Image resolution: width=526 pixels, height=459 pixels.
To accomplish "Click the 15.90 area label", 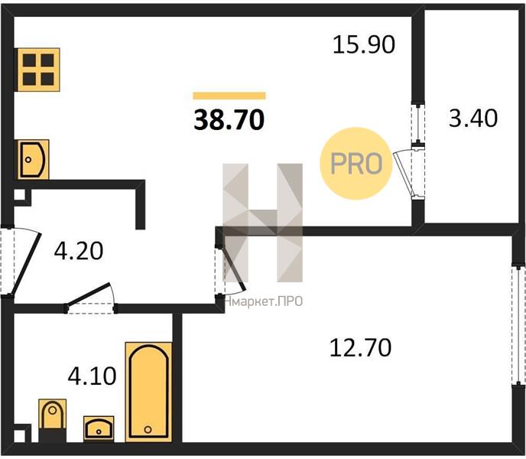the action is (x=364, y=45).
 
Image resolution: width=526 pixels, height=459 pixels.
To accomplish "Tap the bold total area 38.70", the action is (x=229, y=120).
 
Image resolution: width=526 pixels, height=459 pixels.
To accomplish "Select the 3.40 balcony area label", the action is (x=473, y=118).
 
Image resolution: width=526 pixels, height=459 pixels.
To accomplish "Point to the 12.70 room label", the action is (x=360, y=347).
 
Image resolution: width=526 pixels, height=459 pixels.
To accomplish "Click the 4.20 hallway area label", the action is (x=79, y=251).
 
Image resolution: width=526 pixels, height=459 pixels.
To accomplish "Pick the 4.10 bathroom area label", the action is (x=92, y=376).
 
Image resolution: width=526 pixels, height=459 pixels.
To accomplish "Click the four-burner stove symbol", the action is (x=38, y=70).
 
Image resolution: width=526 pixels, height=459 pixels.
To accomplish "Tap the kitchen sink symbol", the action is (x=33, y=159).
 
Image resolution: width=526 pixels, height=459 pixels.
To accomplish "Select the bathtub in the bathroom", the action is (x=148, y=392).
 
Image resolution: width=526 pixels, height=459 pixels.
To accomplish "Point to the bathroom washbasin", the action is (x=99, y=428).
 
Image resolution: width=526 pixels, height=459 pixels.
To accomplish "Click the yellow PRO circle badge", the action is (x=356, y=164).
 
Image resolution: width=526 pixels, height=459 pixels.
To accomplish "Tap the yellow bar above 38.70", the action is (x=229, y=96).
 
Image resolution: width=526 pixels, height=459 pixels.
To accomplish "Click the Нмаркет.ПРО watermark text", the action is (x=264, y=301).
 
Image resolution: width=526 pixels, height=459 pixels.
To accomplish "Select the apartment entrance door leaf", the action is (x=26, y=264).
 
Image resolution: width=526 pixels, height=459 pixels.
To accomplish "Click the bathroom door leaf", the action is (x=89, y=294).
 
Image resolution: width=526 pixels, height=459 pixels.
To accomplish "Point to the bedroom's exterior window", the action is (x=519, y=325).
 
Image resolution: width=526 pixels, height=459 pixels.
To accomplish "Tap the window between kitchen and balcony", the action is (x=418, y=124).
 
